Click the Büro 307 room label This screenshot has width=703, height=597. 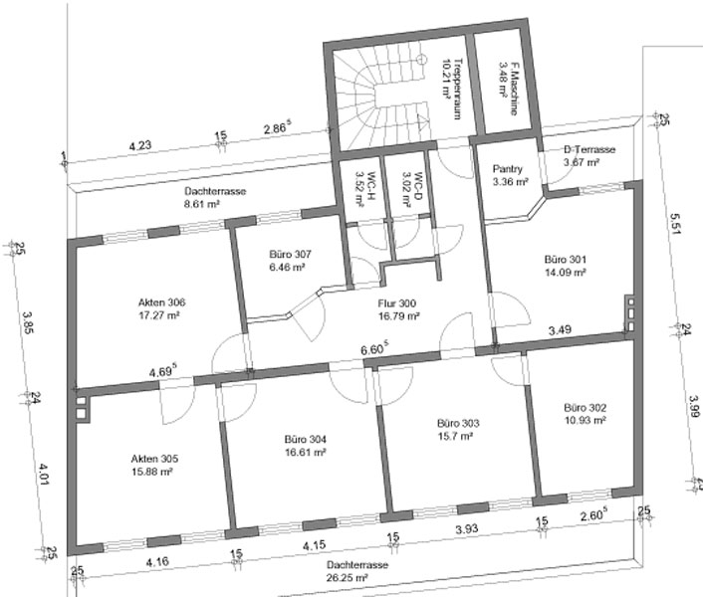coord(290,255)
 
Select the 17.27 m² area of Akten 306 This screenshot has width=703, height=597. coord(159,315)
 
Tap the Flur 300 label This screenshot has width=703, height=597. coord(396,303)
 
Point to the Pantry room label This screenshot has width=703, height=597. coord(508,169)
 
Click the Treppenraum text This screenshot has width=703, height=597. coord(457,89)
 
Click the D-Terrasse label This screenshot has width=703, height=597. coord(589,149)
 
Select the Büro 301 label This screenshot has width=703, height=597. coord(565,260)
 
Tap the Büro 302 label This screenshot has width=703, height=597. coord(586,408)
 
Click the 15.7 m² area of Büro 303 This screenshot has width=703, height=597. coord(455,436)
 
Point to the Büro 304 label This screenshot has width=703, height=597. coord(306,439)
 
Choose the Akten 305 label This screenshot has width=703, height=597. coord(154,459)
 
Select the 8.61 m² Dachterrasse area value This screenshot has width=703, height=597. coord(202,204)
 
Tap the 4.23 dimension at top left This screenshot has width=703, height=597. coord(140,145)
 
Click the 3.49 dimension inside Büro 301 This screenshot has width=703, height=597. coord(560,330)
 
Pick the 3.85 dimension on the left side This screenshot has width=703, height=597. coord(28,322)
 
